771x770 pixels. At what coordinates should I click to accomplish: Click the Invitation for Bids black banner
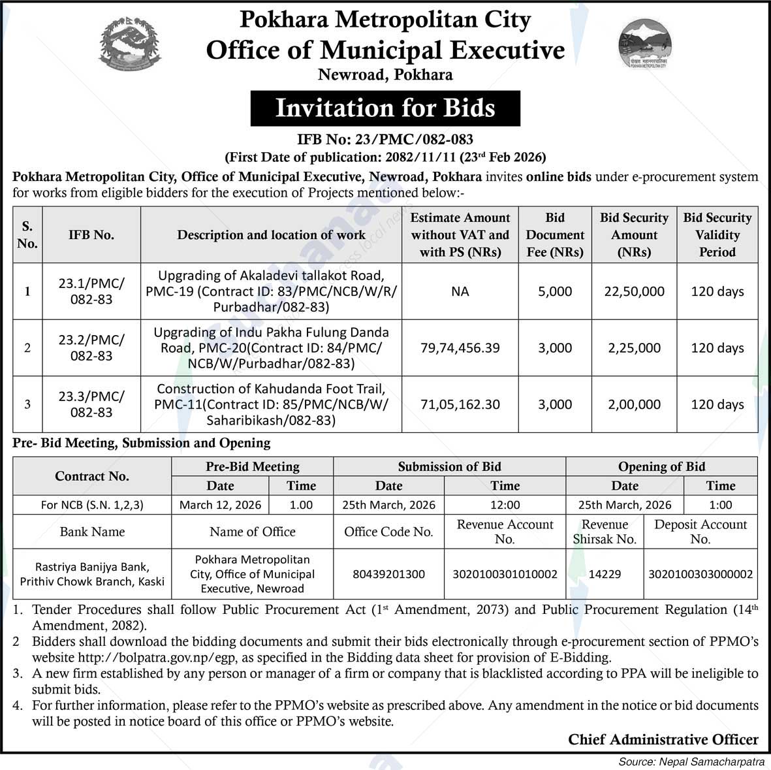[x=385, y=108]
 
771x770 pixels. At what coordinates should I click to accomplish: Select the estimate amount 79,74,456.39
[x=460, y=348]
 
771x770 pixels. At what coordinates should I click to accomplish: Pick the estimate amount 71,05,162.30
[x=460, y=404]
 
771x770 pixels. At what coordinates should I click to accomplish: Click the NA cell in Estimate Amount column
[x=460, y=291]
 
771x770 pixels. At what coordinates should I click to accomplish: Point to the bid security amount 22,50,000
[x=634, y=291]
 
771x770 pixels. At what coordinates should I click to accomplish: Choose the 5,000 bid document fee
[x=554, y=291]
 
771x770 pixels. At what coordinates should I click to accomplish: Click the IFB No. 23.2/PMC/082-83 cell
[x=91, y=348]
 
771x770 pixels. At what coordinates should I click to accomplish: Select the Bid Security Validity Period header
[x=717, y=235]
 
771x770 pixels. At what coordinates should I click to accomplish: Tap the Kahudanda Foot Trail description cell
[x=271, y=404]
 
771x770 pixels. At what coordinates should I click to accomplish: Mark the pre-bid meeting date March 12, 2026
[x=220, y=505]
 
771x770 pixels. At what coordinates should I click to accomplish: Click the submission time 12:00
[x=505, y=505]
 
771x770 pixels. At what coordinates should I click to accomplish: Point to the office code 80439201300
[x=388, y=574]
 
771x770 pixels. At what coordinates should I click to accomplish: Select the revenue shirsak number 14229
[x=605, y=574]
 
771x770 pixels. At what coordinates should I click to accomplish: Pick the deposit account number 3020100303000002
[x=700, y=574]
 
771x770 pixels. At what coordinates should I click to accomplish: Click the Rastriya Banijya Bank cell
[x=92, y=574]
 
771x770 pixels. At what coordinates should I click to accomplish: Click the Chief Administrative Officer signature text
[x=663, y=739]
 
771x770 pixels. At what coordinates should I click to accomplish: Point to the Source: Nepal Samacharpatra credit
[x=691, y=762]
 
